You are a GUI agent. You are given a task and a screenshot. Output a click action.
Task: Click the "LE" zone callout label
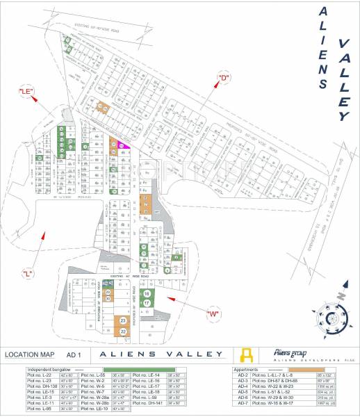click(x=26, y=92)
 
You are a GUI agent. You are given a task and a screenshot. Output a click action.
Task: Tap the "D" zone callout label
click(x=224, y=76)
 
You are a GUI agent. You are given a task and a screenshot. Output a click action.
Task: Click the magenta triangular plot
click(x=124, y=145)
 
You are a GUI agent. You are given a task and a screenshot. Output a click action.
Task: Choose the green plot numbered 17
click(x=147, y=304)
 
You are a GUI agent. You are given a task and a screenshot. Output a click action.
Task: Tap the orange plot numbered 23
click(x=123, y=320)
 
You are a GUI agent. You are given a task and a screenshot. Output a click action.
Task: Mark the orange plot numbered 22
click(x=123, y=332)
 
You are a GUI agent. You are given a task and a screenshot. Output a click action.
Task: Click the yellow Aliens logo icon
click(x=245, y=354)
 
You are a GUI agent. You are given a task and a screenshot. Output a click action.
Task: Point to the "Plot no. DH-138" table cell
click(x=40, y=386)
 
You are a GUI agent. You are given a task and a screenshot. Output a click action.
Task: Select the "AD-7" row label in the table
click(x=243, y=403)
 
